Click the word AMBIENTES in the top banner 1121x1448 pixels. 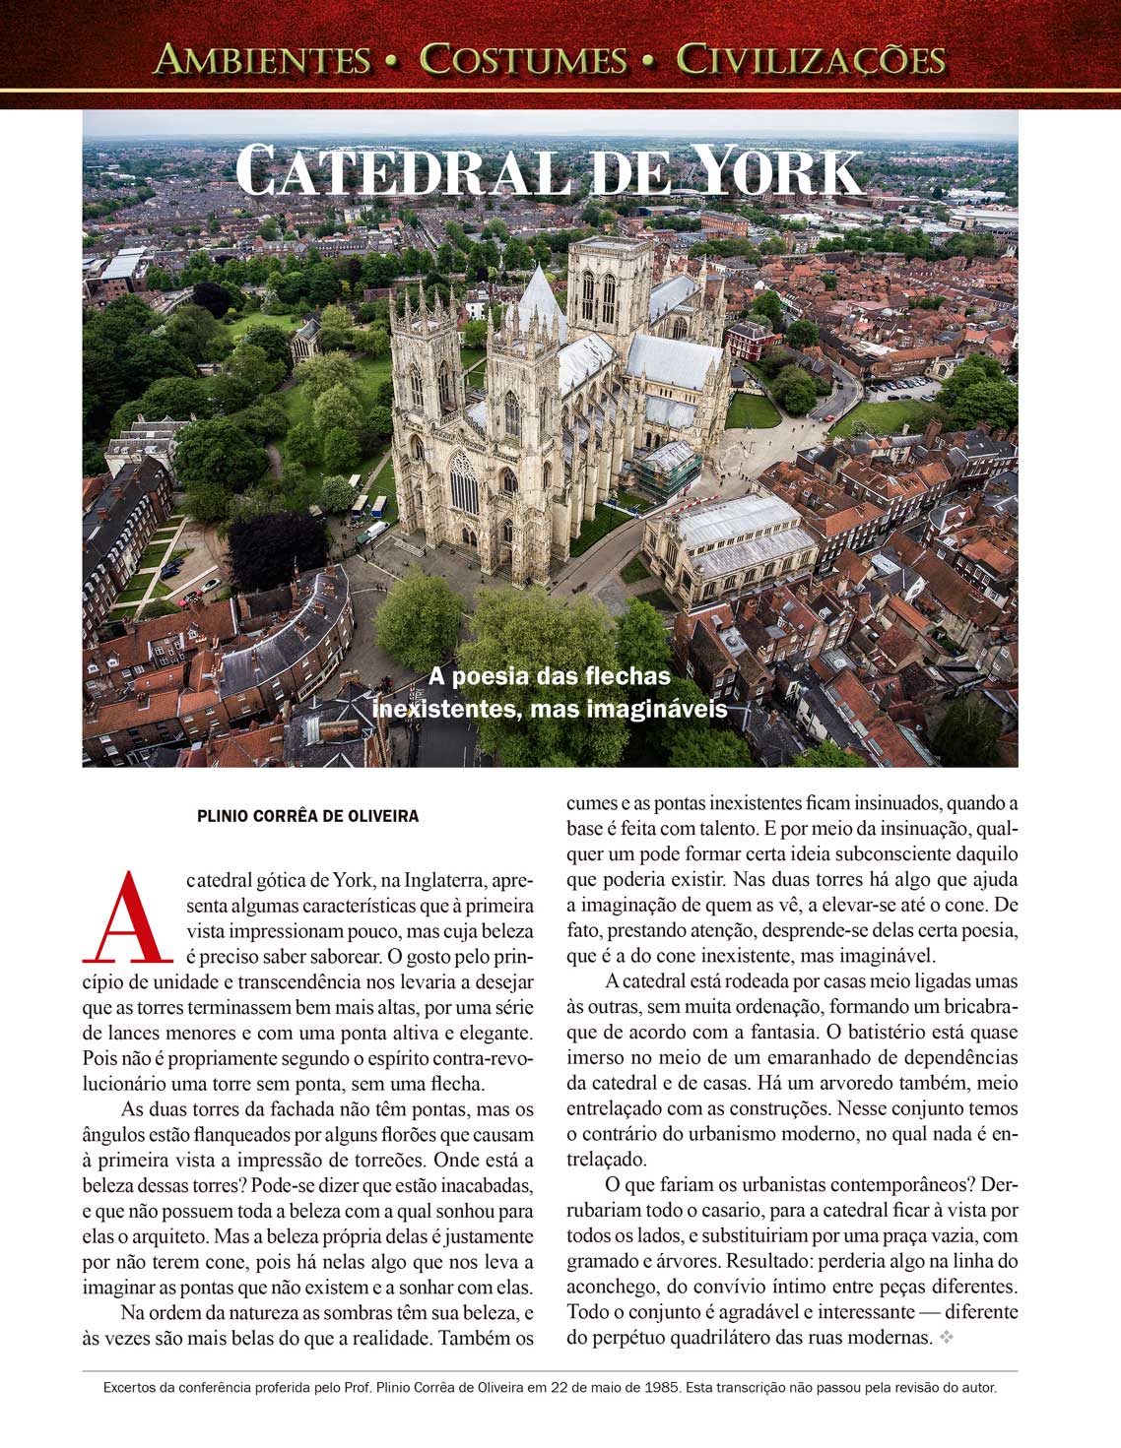262,60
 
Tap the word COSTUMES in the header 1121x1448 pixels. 523,60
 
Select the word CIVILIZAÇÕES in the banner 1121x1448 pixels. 811,60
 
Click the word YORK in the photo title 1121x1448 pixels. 778,173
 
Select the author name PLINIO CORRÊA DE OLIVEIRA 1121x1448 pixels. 308,816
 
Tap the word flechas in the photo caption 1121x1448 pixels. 627,676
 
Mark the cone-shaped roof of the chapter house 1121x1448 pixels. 538,304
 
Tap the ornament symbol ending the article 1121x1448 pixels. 947,1338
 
